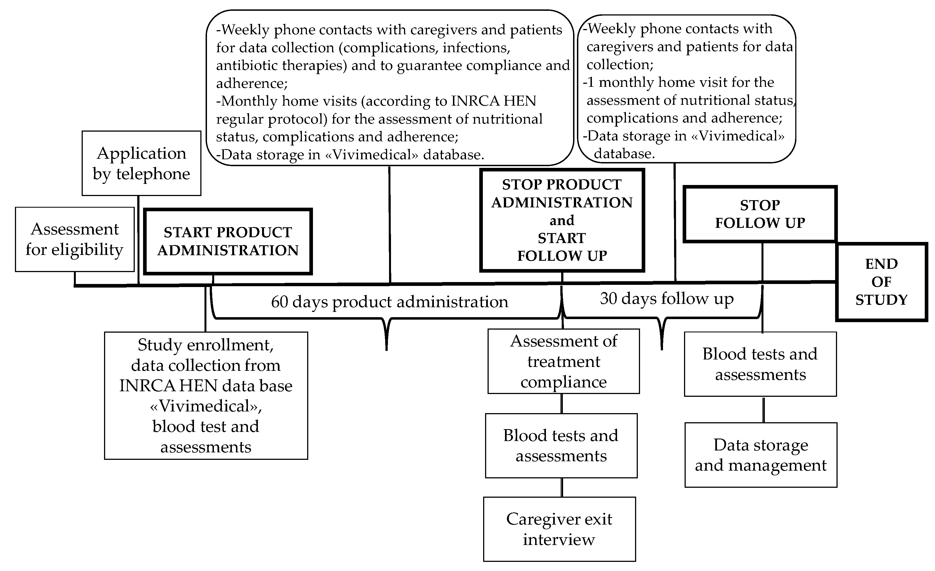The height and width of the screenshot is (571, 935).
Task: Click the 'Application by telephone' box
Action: (x=141, y=163)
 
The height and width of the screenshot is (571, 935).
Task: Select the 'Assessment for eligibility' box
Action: (x=75, y=239)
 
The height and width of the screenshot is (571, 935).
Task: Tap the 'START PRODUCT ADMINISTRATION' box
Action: (x=228, y=241)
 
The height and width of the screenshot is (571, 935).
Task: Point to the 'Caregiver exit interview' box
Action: (x=559, y=529)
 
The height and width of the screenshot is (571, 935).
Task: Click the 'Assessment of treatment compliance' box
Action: (x=563, y=361)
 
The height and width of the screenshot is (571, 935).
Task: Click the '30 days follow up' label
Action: (x=666, y=299)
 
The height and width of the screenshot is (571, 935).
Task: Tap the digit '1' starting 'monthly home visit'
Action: (x=590, y=82)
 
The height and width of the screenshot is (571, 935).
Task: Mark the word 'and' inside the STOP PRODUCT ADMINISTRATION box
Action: (x=562, y=220)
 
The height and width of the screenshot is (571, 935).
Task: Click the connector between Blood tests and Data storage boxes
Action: (x=763, y=410)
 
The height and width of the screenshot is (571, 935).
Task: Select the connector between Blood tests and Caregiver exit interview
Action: (x=562, y=487)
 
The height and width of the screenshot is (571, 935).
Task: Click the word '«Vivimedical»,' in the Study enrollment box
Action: (x=206, y=406)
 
